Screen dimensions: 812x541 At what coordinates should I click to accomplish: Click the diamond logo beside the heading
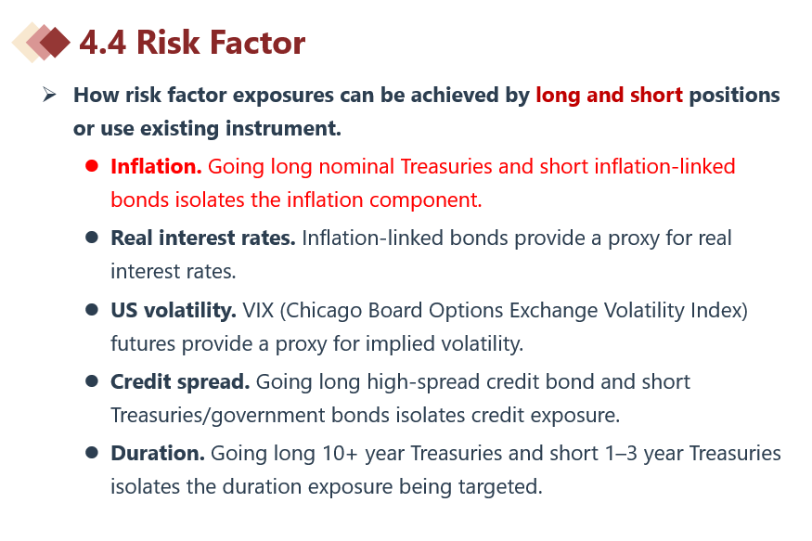[x=42, y=42]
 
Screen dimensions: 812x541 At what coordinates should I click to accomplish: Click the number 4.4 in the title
[x=102, y=43]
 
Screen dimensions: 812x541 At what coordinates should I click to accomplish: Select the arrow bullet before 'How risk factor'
[x=50, y=95]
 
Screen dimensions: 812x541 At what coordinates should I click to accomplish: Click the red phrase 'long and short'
[x=609, y=96]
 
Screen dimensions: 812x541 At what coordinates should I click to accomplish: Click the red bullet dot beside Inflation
[x=92, y=166]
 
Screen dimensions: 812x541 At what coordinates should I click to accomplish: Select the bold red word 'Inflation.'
[x=156, y=167]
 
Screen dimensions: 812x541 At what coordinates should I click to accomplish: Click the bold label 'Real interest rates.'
[x=203, y=238]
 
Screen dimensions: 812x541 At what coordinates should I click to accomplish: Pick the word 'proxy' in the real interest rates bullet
[x=634, y=239]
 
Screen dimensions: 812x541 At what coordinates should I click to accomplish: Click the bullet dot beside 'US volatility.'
[x=92, y=310]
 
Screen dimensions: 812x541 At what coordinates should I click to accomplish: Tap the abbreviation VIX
[x=258, y=310]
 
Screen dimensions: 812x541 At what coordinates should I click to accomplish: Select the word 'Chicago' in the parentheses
[x=323, y=311]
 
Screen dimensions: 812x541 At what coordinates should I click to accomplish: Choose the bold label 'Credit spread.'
[x=180, y=382]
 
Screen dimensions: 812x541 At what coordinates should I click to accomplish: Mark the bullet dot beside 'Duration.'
[x=92, y=453]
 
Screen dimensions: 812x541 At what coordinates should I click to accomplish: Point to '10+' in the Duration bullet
[x=340, y=454]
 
